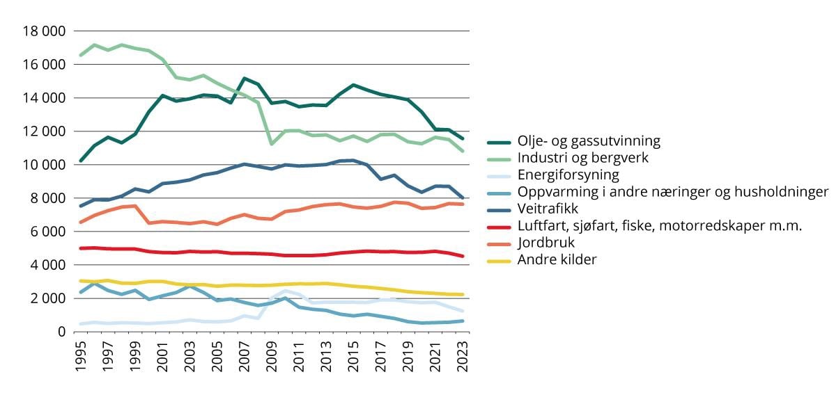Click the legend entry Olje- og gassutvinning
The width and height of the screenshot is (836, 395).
pyautogui.click(x=589, y=141)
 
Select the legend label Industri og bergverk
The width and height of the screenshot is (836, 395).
pyautogui.click(x=583, y=158)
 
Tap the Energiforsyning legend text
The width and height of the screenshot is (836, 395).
pyautogui.click(x=568, y=175)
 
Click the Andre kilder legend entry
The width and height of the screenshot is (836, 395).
pyautogui.click(x=558, y=259)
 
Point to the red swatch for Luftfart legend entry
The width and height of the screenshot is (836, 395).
pyautogui.click(x=501, y=226)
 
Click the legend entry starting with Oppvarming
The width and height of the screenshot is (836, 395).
pyautogui.click(x=673, y=192)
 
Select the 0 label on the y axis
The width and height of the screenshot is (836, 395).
pyautogui.click(x=61, y=332)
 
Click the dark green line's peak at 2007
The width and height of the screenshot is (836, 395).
pyautogui.click(x=245, y=79)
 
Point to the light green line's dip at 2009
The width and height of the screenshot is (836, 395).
pyautogui.click(x=272, y=144)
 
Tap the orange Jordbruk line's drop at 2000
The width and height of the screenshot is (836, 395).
pyautogui.click(x=150, y=223)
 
